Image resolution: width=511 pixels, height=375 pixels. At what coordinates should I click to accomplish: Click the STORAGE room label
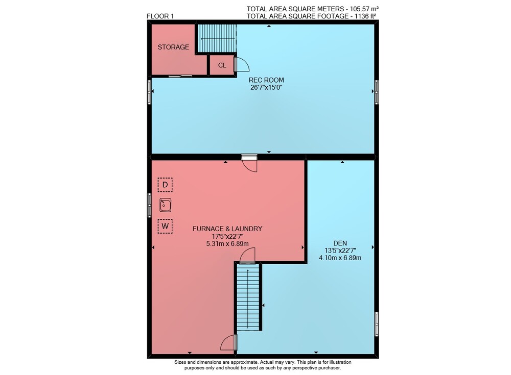[x=173, y=47]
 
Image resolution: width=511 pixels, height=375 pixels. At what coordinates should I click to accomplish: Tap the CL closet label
[x=222, y=65]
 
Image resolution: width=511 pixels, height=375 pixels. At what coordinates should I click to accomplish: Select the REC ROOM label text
[x=266, y=80]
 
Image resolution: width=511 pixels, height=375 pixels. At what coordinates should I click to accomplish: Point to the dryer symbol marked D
[x=165, y=185]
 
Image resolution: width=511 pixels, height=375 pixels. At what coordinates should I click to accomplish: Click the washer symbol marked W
[x=165, y=226]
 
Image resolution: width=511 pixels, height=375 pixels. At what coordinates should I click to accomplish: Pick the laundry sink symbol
[x=166, y=206]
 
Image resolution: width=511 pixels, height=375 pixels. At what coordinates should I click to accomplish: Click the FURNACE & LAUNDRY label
[x=227, y=229]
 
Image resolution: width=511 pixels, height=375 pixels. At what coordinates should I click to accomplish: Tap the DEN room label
[x=340, y=243]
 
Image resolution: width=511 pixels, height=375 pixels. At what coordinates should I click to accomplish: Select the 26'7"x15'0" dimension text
[x=266, y=88]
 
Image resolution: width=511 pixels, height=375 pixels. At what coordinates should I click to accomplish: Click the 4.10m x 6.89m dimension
[x=340, y=258]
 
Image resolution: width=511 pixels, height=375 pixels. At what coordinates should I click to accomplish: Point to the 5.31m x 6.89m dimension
[x=227, y=244]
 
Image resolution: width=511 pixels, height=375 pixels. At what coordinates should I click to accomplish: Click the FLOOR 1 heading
[x=160, y=16]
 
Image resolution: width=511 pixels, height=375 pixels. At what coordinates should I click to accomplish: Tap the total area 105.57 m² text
[x=313, y=9]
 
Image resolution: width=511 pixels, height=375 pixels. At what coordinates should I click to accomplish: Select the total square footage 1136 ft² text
[x=312, y=16]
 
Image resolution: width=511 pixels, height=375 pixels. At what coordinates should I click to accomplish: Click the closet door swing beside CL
[x=242, y=64]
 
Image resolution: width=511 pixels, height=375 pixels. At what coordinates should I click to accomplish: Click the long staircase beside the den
[x=248, y=297]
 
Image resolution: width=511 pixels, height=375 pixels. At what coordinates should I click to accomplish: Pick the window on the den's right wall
[x=377, y=324]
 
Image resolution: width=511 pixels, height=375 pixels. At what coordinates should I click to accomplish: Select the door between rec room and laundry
[x=249, y=163]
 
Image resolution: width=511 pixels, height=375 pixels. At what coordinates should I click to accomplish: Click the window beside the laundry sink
[x=149, y=206]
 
